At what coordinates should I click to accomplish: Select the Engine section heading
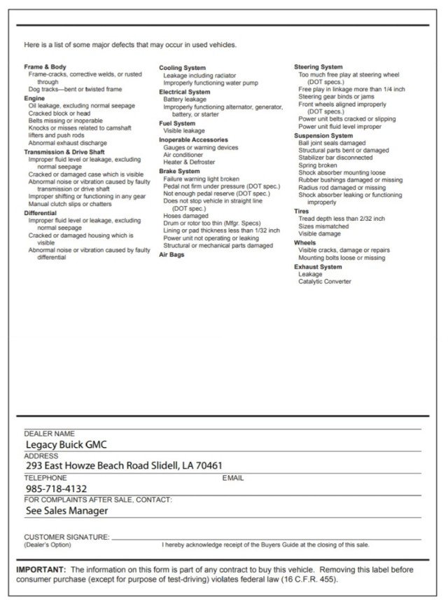point(34,98)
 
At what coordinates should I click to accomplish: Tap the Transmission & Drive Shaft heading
point(64,151)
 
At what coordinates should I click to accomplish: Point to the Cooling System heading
point(182,67)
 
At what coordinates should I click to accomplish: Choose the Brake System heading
point(179,171)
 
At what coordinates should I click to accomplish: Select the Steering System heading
point(318,67)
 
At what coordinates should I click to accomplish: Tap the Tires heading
point(302,211)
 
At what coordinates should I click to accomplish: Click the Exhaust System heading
point(318,267)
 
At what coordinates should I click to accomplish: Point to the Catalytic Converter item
point(325,282)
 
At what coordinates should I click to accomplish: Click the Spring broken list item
point(317,165)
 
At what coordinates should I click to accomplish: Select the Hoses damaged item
point(185,216)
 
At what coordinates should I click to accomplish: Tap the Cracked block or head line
point(59,114)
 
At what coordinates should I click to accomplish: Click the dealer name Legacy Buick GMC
point(66,444)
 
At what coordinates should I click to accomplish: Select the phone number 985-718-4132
point(56,488)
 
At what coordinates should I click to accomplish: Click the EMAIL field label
point(232,478)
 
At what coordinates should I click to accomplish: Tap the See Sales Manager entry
point(66,511)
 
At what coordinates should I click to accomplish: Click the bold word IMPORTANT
point(41,570)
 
